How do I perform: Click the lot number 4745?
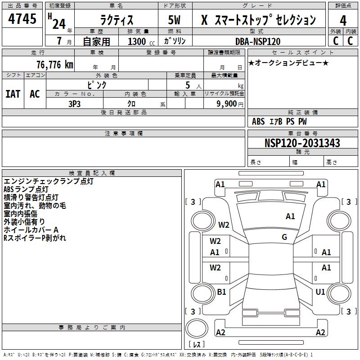22,19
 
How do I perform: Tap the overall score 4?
343,21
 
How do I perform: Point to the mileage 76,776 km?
54,65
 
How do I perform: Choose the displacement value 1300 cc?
139,41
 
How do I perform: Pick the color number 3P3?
74,103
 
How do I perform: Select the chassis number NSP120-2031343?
302,143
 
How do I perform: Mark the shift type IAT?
13,94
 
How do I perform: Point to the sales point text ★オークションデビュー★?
288,63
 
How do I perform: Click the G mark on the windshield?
284,237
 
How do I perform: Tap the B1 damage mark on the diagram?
221,292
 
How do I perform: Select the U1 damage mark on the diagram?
320,292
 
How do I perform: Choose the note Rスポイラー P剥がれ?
35,238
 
